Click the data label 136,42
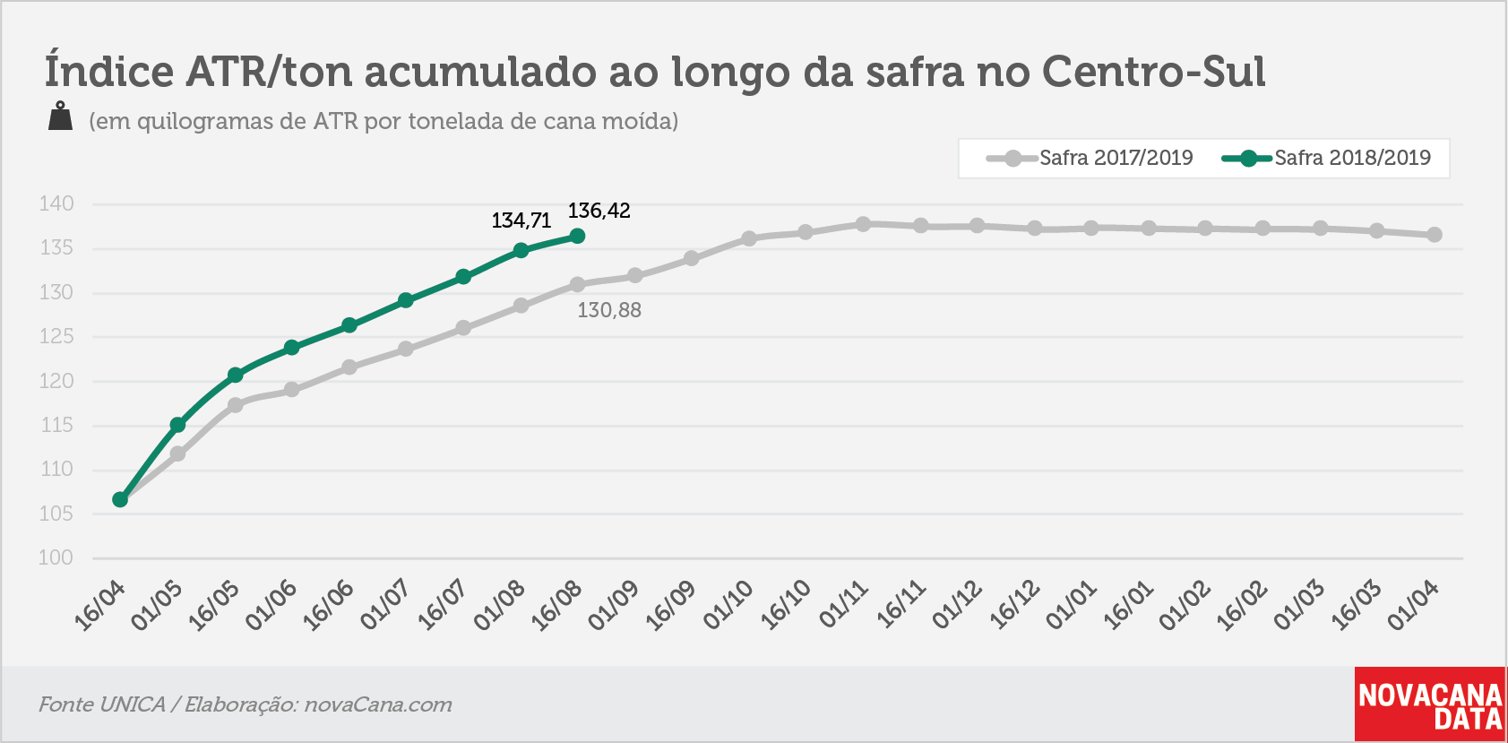599,211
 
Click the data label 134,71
521,220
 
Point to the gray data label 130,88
609,310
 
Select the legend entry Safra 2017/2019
1090,159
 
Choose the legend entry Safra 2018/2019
1325,159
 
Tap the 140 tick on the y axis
56,203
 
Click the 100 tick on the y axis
56,557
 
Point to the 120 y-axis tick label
56,381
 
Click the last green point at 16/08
577,236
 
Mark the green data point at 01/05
177,424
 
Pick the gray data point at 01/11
863,224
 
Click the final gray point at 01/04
1434,235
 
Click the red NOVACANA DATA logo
1430,704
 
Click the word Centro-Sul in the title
1154,72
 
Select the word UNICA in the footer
132,704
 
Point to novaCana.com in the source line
378,704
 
